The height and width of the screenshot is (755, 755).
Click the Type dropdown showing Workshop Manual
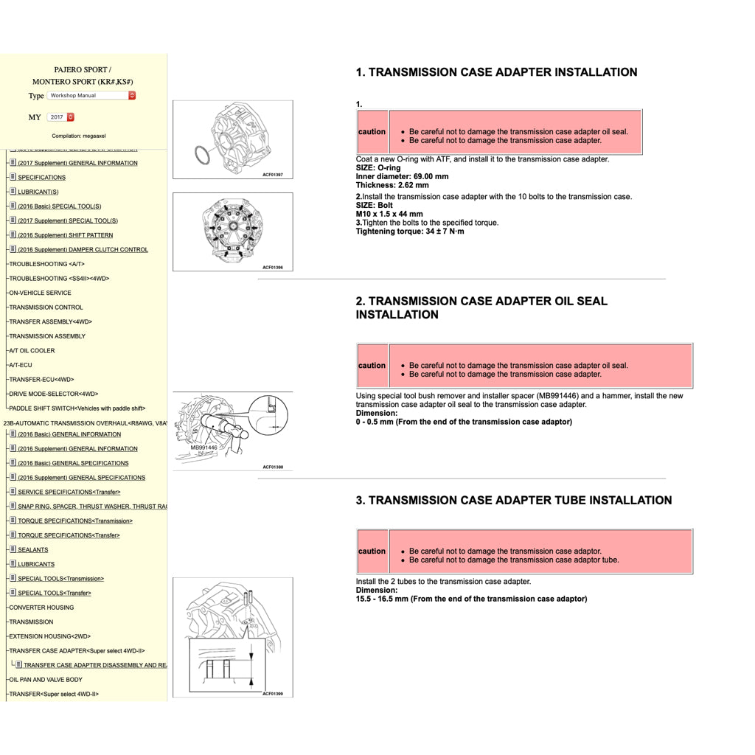[91, 95]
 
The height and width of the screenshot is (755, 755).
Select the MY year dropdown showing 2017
[60, 117]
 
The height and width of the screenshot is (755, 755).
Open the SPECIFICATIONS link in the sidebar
[41, 178]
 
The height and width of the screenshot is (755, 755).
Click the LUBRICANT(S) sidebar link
[38, 192]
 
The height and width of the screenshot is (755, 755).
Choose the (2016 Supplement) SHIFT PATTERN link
[65, 235]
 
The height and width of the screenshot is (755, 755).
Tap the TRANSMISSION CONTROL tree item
[46, 307]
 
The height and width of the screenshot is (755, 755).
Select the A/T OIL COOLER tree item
[32, 351]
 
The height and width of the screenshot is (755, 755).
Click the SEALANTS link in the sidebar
[32, 550]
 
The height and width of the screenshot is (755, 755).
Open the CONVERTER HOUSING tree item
[41, 608]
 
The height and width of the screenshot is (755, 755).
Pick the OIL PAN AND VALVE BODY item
[46, 680]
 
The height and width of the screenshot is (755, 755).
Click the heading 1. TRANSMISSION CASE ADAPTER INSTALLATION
[496, 72]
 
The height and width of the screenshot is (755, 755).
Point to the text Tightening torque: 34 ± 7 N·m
[410, 232]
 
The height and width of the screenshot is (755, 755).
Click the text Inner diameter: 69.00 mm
[402, 177]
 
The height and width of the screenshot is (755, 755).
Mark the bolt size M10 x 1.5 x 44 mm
[389, 214]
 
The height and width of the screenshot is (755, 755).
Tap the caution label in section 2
[372, 366]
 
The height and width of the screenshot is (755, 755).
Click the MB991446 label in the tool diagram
[203, 448]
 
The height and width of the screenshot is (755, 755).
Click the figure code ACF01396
[273, 268]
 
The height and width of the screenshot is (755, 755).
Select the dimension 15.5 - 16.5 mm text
[471, 599]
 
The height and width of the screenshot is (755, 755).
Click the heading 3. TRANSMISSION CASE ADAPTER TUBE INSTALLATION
[513, 500]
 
